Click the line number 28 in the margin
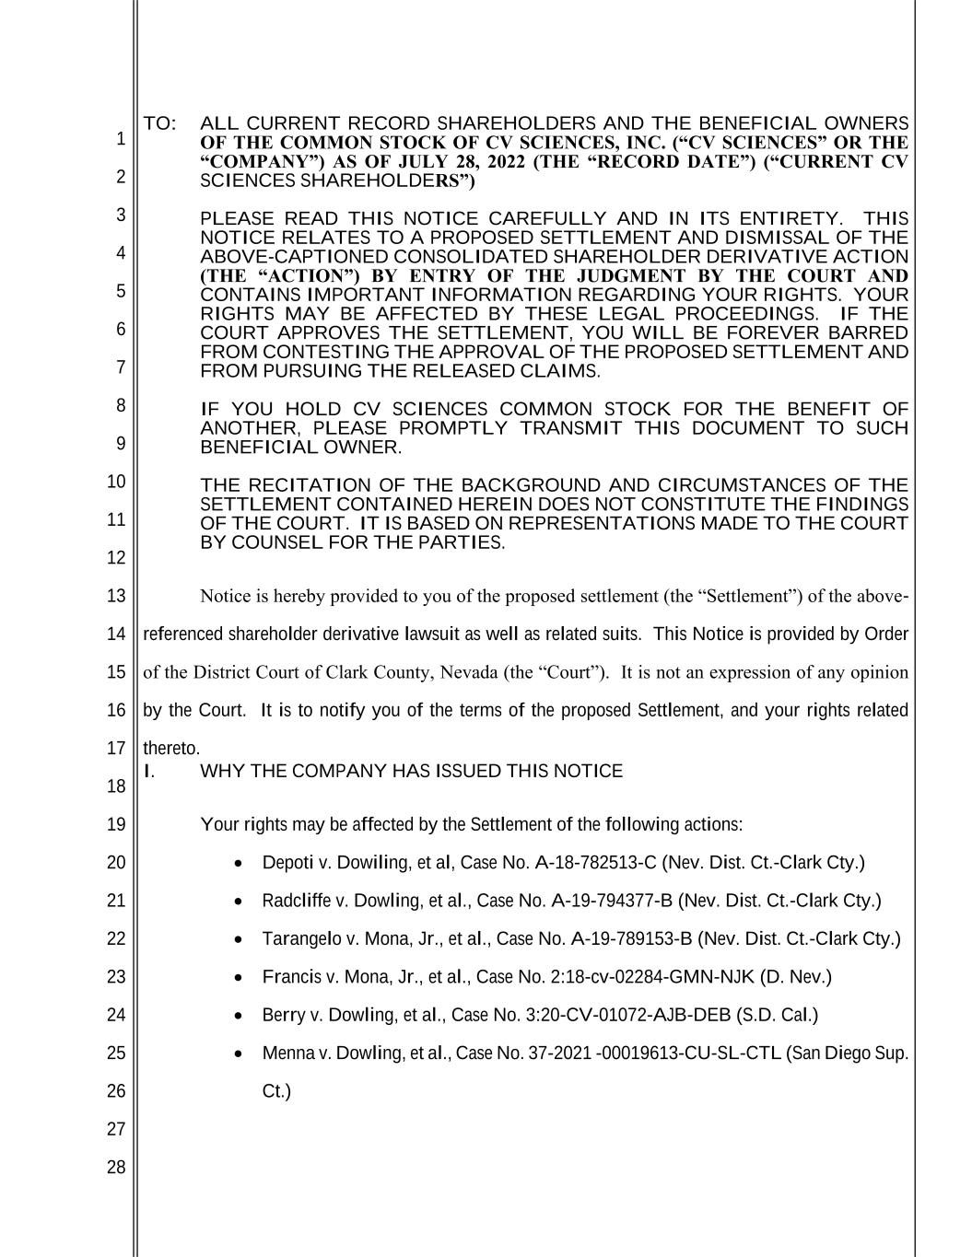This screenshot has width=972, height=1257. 115,1168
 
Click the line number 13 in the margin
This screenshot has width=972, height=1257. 115,596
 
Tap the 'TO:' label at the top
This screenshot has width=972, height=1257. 158,123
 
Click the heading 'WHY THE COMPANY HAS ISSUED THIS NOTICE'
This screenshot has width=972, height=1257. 411,771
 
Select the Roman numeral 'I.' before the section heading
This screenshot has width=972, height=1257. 150,771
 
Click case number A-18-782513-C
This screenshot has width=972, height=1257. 595,863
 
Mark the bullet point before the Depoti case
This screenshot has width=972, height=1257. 240,864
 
